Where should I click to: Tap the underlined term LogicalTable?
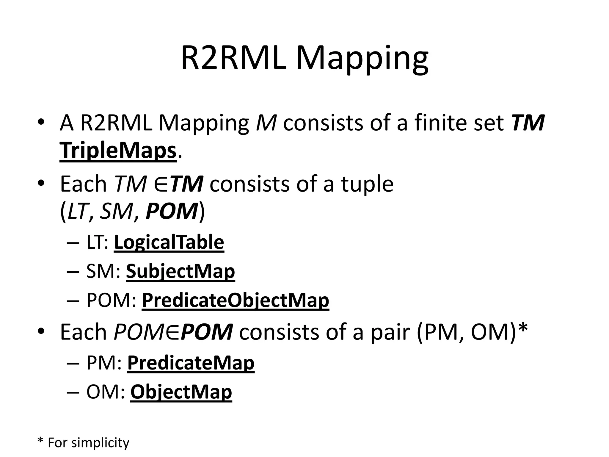(169, 242)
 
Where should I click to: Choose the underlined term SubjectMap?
(180, 271)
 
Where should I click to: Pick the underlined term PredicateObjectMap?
(235, 301)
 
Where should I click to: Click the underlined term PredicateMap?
(191, 363)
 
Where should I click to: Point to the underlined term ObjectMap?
(181, 392)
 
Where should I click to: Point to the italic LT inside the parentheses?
(78, 211)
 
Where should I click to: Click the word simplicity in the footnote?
(100, 443)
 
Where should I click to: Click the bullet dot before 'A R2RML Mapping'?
(41, 122)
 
